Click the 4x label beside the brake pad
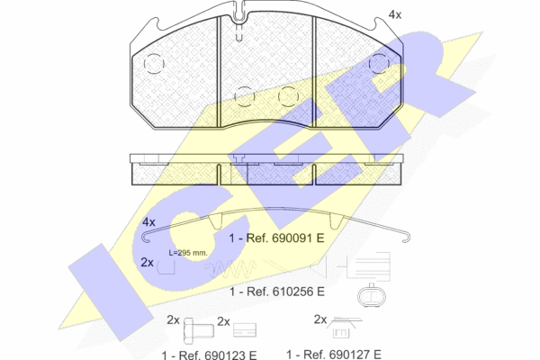coord(395,14)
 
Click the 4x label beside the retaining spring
coord(148,222)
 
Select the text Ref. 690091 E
coord(285,238)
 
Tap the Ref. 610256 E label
coord(286,292)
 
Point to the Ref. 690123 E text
coord(218,355)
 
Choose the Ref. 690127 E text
coord(343,355)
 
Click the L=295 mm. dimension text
coord(188,253)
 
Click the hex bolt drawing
coord(198,331)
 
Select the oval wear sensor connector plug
coord(372,296)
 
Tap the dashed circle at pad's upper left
coord(154,64)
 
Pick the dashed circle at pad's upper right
coord(379,63)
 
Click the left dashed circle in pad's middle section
coord(245,96)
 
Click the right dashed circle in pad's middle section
coord(288,96)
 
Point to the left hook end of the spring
coord(145,237)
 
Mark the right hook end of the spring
coord(407,237)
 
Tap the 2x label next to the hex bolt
coord(173,320)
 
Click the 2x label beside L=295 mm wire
coord(148,263)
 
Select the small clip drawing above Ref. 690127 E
coord(344,327)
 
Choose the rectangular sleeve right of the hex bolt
coord(245,330)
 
